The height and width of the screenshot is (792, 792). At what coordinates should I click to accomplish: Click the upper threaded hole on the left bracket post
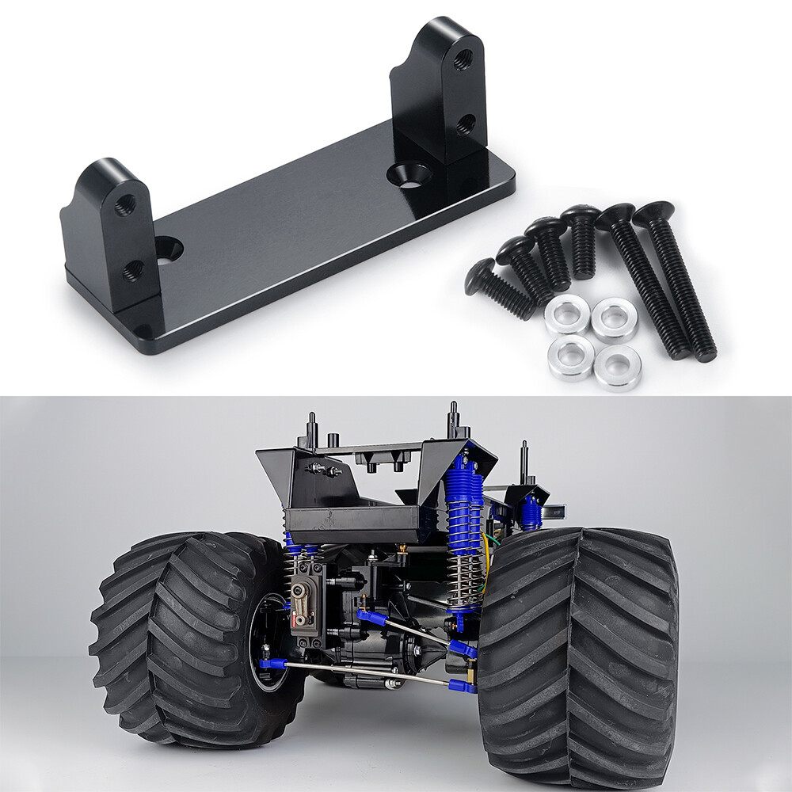(x=124, y=207)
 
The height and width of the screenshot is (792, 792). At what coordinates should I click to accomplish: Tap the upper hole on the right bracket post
(x=463, y=59)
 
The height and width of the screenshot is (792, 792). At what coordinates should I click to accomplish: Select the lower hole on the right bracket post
(x=466, y=124)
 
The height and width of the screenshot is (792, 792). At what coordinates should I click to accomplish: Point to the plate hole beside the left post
(x=168, y=249)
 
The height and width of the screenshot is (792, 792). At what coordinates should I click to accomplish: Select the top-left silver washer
(x=567, y=314)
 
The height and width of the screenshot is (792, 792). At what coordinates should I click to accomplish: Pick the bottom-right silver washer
(x=618, y=367)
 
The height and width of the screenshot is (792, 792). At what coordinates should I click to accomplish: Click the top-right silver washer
(x=615, y=318)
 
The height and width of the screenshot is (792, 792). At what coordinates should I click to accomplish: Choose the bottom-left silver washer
(x=570, y=357)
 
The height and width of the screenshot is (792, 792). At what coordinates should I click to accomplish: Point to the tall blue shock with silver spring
(x=463, y=523)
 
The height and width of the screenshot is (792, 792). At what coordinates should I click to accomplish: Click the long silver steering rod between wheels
(x=364, y=673)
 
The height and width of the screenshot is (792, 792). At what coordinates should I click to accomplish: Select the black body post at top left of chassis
(x=312, y=432)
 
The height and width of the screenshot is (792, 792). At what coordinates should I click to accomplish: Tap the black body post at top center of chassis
(x=454, y=420)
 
